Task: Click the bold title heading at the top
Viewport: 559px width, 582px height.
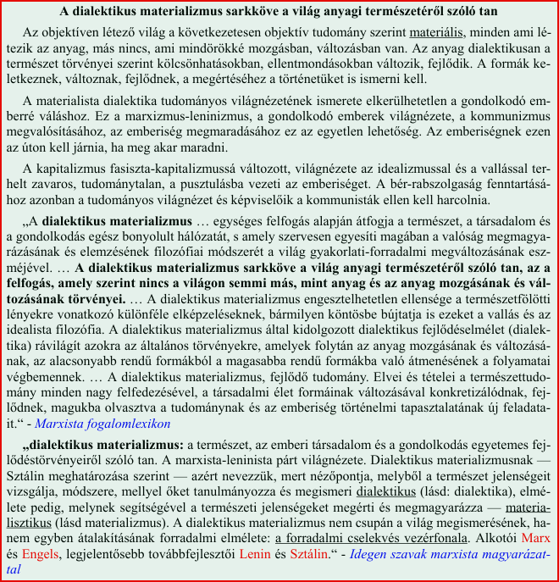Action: (279, 12)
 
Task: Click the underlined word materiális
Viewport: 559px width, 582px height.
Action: (435, 33)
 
